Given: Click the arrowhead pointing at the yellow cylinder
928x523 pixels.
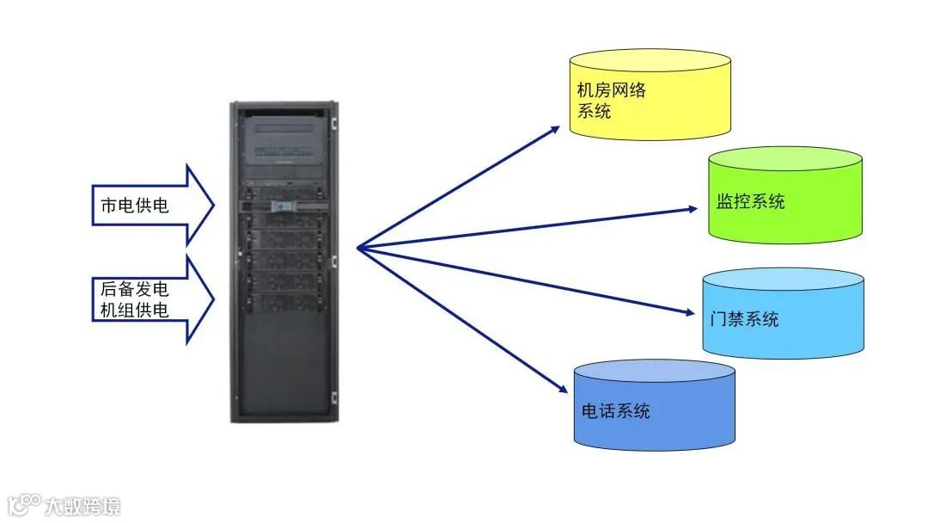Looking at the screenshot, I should point(554,130).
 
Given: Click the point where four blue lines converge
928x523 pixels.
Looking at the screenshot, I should point(357,249).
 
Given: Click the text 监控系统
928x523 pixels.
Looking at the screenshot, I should point(750,202).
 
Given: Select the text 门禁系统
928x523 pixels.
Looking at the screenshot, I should point(745,319).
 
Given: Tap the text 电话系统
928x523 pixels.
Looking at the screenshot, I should point(615,411).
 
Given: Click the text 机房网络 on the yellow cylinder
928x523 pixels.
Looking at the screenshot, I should point(611,90).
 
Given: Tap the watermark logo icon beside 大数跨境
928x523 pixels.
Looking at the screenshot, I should point(23,503).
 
